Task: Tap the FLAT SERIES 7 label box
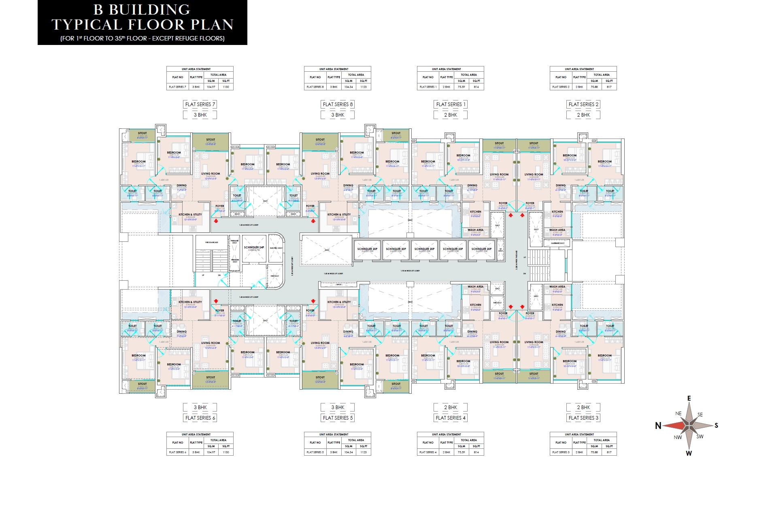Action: pos(200,104)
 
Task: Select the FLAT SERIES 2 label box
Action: pos(583,104)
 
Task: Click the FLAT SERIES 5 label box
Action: pos(338,418)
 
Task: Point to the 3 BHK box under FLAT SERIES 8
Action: pos(338,115)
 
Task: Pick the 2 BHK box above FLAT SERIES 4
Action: pos(450,407)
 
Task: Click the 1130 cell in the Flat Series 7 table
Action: pos(226,87)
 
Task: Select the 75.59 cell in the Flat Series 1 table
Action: pos(462,87)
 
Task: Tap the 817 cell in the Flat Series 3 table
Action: pos(609,452)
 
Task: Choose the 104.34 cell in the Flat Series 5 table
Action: pos(349,452)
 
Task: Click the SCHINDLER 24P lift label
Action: pos(254,247)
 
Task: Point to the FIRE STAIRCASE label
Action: pos(212,242)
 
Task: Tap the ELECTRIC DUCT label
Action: pos(276,248)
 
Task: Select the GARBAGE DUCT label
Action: pos(557,243)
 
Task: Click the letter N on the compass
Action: pos(658,426)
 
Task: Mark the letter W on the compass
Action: pos(689,453)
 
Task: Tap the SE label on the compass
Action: pos(700,414)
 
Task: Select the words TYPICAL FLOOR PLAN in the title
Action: pos(143,25)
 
